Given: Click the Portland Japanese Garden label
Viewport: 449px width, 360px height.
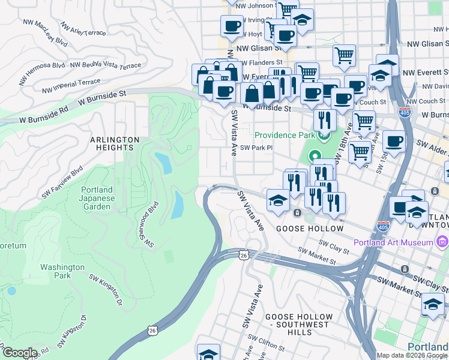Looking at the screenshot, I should click(x=96, y=199).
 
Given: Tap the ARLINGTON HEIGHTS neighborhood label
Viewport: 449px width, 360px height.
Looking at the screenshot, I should click(x=115, y=143).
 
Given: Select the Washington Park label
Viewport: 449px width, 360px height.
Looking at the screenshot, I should click(x=63, y=271).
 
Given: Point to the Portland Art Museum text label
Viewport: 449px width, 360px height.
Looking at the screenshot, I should click(x=393, y=242).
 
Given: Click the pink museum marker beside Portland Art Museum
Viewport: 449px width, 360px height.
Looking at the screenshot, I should click(x=442, y=242).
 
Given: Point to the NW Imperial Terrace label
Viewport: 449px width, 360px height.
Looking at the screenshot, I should click(x=71, y=86).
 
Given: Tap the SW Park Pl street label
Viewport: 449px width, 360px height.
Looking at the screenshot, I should click(x=256, y=148).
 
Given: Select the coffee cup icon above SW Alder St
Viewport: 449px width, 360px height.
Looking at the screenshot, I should click(x=394, y=142).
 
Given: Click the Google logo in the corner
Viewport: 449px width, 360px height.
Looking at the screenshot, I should click(x=19, y=353).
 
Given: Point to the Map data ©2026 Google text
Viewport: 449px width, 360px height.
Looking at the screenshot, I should click(x=412, y=355).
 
